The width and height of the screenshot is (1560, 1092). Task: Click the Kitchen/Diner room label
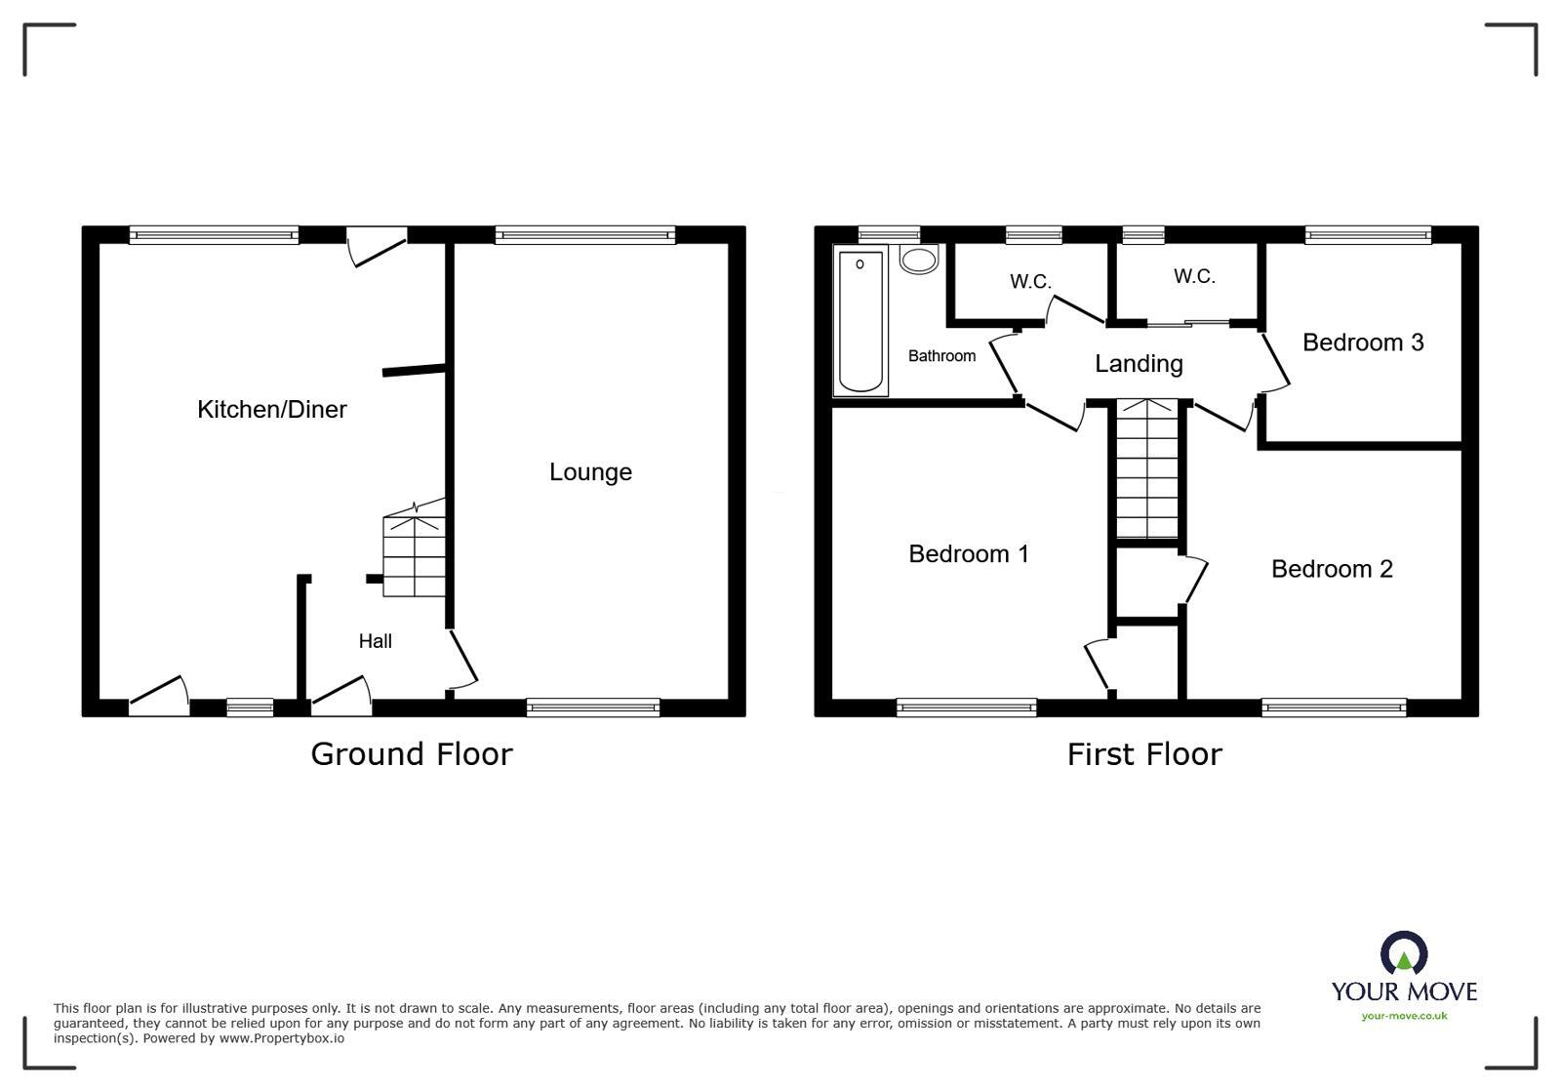pyautogui.click(x=271, y=409)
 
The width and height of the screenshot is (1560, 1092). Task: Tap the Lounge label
pyautogui.click(x=590, y=472)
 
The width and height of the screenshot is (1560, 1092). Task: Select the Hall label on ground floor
pyautogui.click(x=375, y=641)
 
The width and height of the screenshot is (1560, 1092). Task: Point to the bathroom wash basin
pyautogui.click(x=918, y=260)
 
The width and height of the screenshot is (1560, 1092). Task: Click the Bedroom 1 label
pyautogui.click(x=968, y=554)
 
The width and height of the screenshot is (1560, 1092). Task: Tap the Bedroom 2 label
pyautogui.click(x=1331, y=569)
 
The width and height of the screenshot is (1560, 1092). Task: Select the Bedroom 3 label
pyautogui.click(x=1362, y=343)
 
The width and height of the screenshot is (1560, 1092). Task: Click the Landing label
pyautogui.click(x=1138, y=364)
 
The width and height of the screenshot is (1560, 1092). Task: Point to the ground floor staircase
pyautogui.click(x=415, y=557)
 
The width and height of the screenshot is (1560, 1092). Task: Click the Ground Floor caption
pyautogui.click(x=411, y=754)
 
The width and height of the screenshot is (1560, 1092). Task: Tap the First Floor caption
pyautogui.click(x=1143, y=754)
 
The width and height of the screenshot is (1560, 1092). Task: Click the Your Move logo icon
pyautogui.click(x=1403, y=953)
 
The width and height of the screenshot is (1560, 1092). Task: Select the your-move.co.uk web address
pyautogui.click(x=1404, y=1016)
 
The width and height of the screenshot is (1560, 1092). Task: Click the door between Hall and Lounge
pyautogui.click(x=462, y=658)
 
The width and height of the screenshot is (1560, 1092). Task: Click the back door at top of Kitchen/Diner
pyautogui.click(x=378, y=246)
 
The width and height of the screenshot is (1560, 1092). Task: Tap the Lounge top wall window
pyautogui.click(x=584, y=234)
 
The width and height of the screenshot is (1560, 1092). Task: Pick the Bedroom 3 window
pyautogui.click(x=1368, y=234)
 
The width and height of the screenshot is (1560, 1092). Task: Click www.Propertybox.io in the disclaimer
pyautogui.click(x=281, y=1038)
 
